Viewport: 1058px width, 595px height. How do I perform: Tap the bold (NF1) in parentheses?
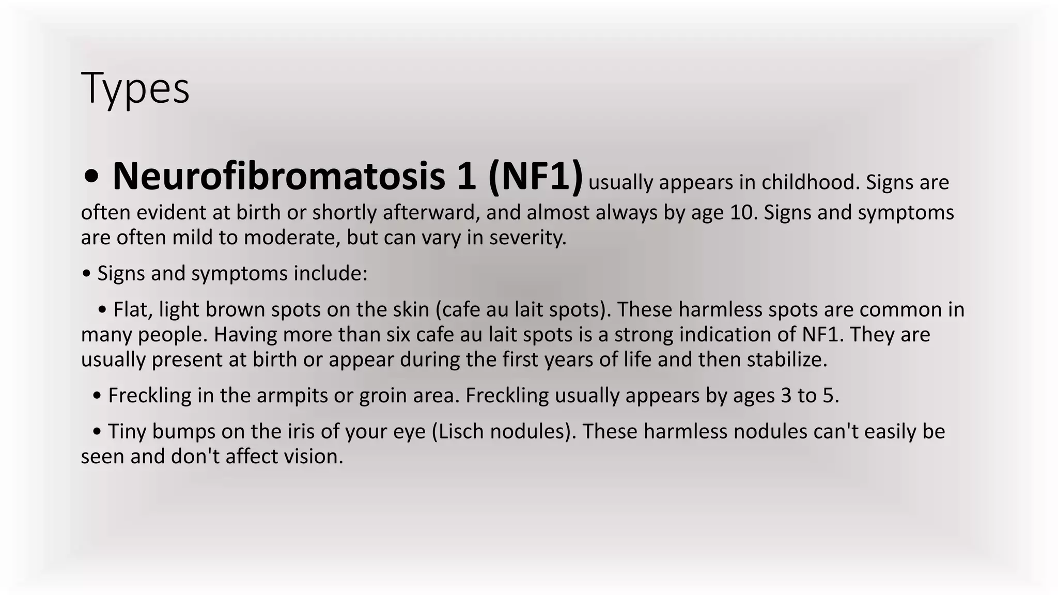click(535, 176)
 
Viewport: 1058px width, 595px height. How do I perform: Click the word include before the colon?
click(330, 273)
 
